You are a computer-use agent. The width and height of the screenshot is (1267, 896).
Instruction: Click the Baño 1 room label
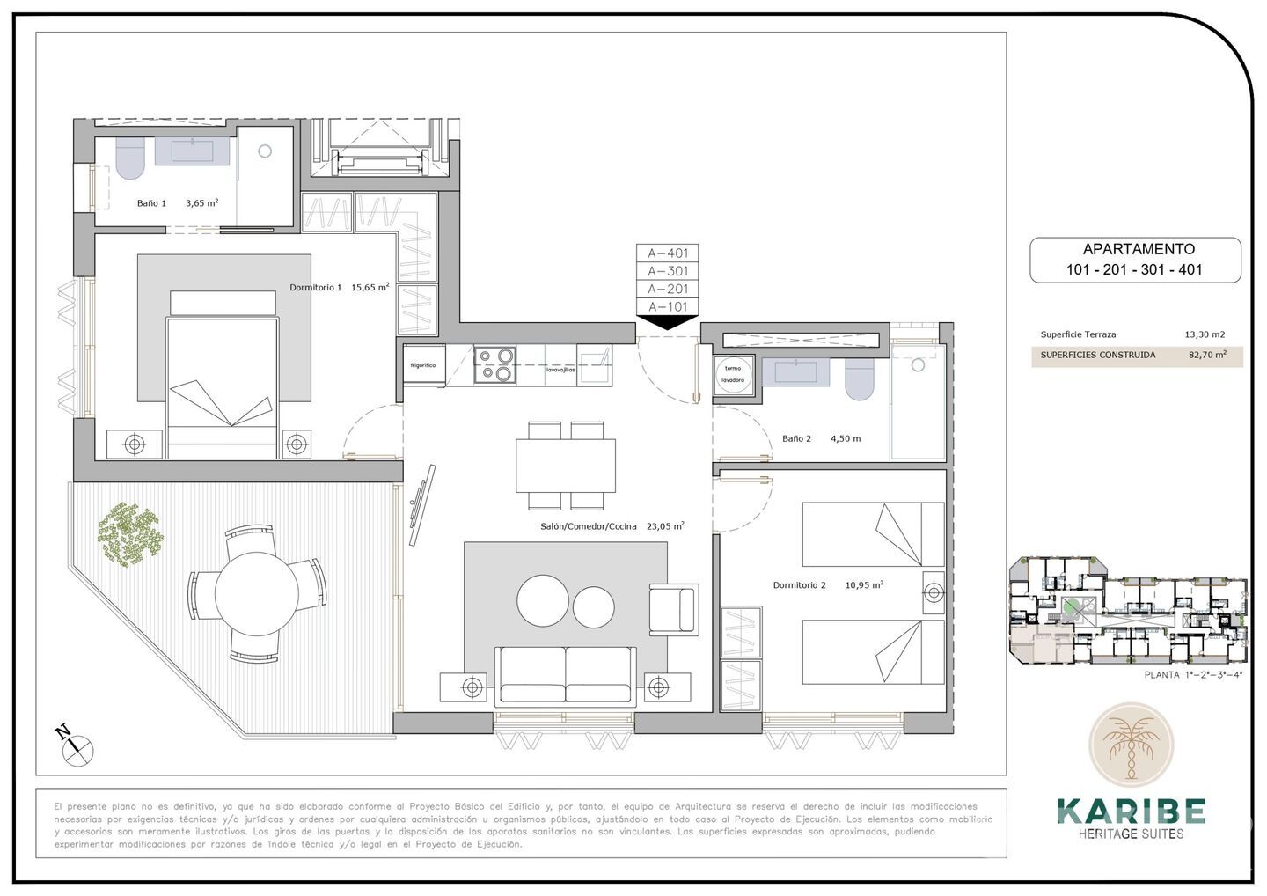click(x=151, y=203)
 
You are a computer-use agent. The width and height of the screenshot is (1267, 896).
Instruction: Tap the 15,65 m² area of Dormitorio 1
click(x=370, y=287)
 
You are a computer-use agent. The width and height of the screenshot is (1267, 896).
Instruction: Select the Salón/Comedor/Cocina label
click(x=588, y=526)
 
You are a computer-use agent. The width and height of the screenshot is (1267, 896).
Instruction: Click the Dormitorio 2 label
click(x=799, y=585)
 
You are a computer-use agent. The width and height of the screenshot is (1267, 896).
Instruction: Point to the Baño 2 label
click(x=796, y=438)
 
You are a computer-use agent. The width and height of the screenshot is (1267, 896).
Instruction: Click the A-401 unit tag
click(x=668, y=253)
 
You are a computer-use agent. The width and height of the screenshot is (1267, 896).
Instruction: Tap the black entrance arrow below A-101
click(x=668, y=322)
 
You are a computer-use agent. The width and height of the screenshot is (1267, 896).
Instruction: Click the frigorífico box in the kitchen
click(x=423, y=364)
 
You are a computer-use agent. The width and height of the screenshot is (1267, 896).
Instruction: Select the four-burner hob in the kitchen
click(x=494, y=364)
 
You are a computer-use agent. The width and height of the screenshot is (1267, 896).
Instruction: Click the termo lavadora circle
click(x=732, y=374)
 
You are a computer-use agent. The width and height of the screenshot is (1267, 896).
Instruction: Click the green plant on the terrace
click(x=130, y=533)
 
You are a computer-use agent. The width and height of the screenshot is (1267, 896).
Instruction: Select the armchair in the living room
click(x=672, y=609)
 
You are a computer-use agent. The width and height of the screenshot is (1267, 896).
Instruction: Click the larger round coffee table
click(x=543, y=602)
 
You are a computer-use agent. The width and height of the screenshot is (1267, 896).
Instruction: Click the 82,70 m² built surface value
click(x=1207, y=356)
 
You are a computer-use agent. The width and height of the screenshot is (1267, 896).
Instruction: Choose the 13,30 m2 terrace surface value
click(x=1205, y=334)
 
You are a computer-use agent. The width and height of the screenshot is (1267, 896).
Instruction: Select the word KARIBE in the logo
click(x=1131, y=811)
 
